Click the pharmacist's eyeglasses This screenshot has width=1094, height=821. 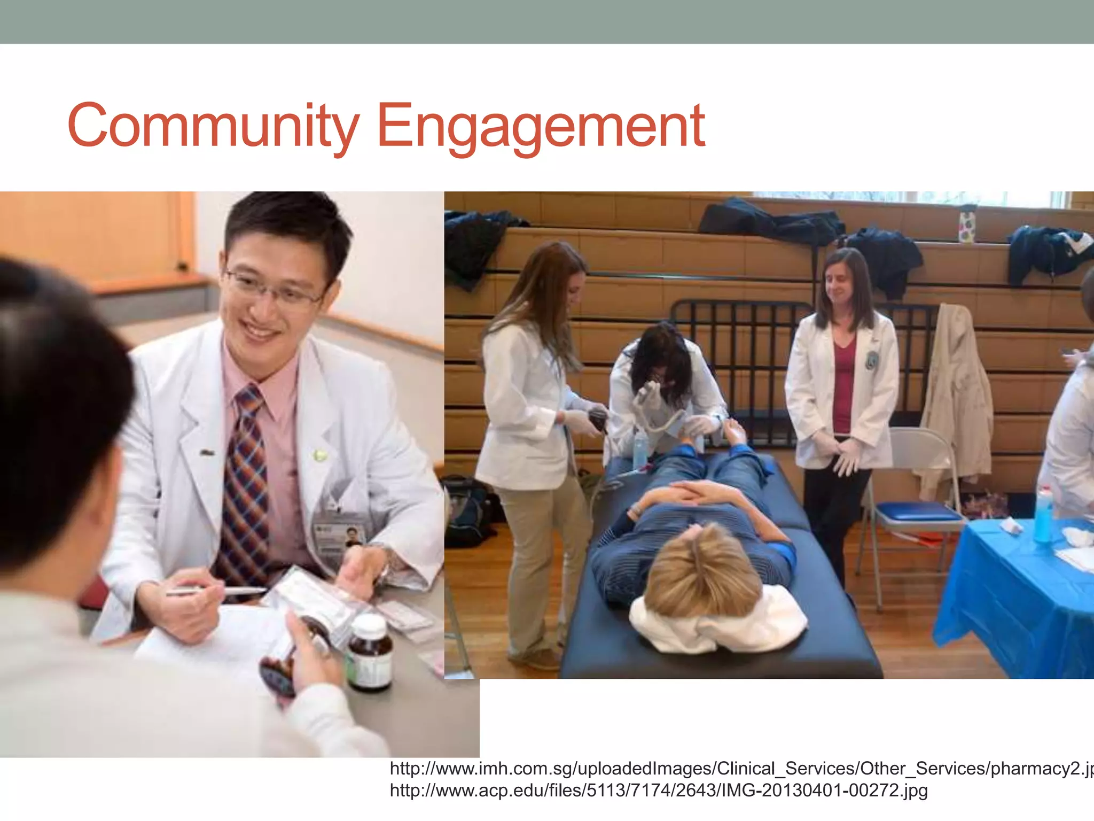pyautogui.click(x=275, y=289)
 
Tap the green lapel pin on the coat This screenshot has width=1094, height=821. pyautogui.click(x=320, y=455)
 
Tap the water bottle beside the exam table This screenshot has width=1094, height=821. pyautogui.click(x=640, y=449)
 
